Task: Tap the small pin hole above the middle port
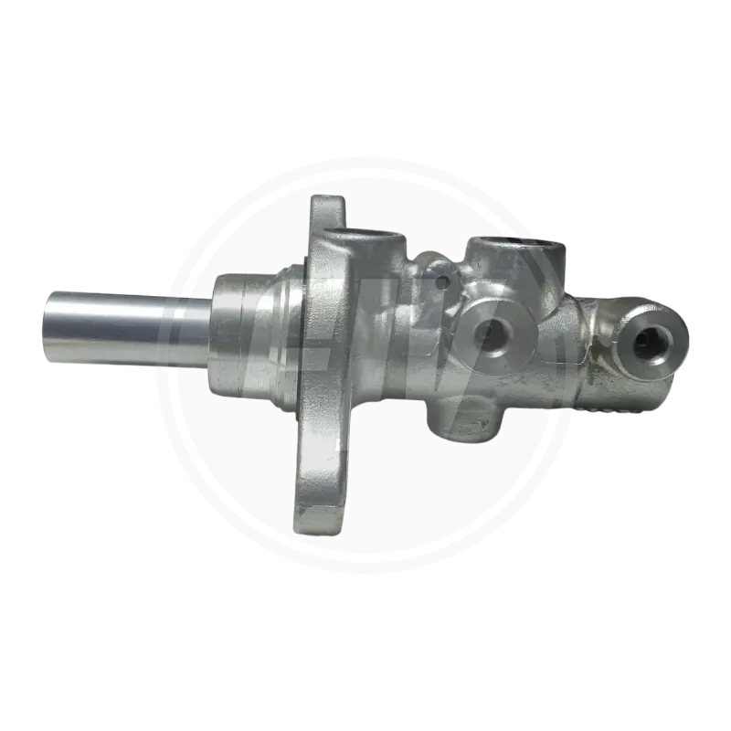point(446,279)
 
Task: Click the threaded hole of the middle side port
point(493,336)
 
